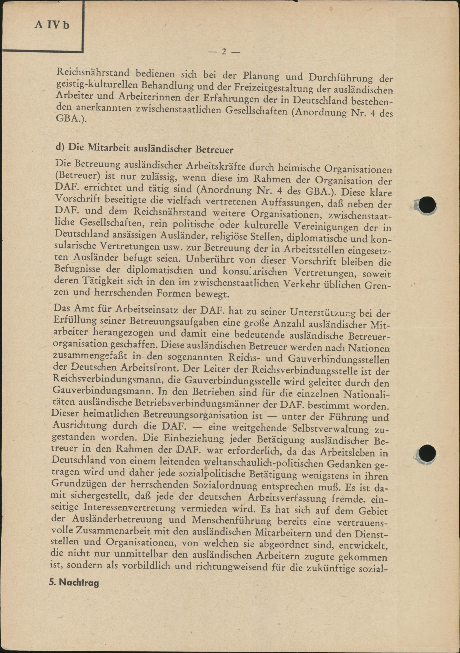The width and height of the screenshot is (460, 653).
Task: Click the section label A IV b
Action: (x=52, y=25)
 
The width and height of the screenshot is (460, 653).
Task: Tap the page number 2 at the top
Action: (x=224, y=52)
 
